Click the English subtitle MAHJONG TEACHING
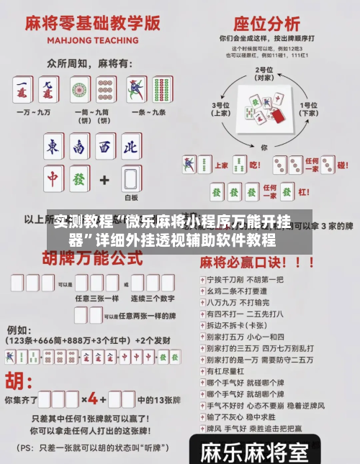tap(91, 41)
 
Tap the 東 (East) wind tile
tap(53, 147)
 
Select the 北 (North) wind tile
tap(130, 147)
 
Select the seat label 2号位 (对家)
tap(265, 73)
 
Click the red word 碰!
tap(343, 165)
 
